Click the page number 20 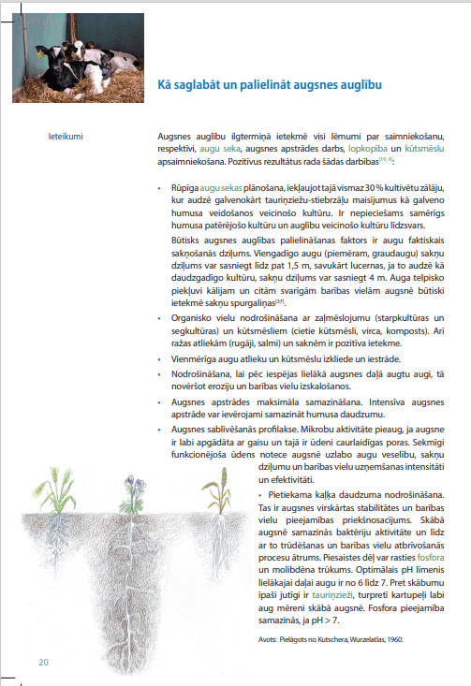click(x=43, y=663)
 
